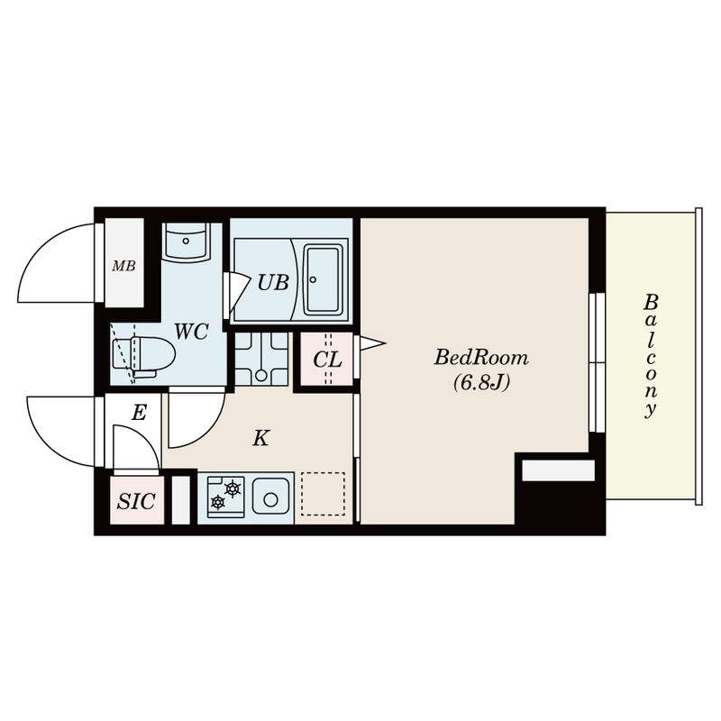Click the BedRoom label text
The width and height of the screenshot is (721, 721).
pos(481,358)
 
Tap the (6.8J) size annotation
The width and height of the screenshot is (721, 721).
pos(481,382)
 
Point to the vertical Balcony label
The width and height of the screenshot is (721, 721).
pos(650,355)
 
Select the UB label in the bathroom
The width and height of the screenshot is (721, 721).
pos(272,282)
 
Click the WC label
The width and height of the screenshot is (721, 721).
pos(191,332)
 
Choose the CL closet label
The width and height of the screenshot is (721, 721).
pos(327,360)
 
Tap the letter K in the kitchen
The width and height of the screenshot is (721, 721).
pos(260,439)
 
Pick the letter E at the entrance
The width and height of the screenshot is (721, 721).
pos(139,414)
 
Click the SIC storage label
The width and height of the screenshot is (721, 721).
pos(137,502)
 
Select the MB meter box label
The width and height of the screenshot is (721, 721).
pos(123,266)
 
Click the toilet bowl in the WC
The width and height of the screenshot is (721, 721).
pos(146,355)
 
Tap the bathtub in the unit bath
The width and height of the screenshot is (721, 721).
pos(322,278)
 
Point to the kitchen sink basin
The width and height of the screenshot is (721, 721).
pos(269,497)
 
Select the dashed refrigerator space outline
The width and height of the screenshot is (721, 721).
pos(323,494)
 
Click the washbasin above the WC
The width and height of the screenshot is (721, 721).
pos(186,241)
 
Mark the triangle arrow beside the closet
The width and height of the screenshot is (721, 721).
pos(371,342)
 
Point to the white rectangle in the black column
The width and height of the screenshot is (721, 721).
pos(558,470)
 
